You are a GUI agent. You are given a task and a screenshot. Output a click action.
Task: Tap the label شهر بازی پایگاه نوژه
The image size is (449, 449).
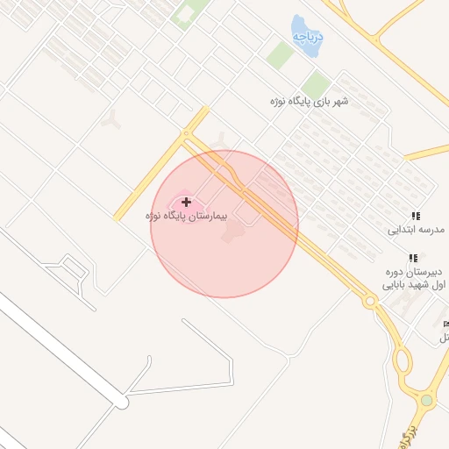click(310, 101)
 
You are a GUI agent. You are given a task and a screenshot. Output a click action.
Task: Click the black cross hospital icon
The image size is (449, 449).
click(186, 202)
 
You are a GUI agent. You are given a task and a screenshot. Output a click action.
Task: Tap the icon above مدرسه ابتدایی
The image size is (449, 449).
click(416, 215)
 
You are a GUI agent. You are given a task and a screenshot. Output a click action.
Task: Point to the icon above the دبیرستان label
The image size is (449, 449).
click(412, 259)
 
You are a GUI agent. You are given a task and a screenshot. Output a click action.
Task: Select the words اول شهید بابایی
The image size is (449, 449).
click(416, 285)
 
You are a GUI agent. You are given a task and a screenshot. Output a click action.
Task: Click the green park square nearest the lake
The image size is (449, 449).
click(281, 55)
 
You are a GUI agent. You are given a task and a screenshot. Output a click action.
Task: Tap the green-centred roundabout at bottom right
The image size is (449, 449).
click(426, 400)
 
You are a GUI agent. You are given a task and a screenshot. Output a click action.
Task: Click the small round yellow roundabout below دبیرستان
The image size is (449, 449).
click(370, 301)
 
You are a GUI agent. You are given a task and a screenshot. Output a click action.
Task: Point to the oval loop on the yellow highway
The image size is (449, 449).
click(403, 360)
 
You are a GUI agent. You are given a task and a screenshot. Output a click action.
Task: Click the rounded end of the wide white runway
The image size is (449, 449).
click(121, 402)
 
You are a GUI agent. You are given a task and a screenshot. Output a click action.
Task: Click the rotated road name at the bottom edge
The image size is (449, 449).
click(404, 435)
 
